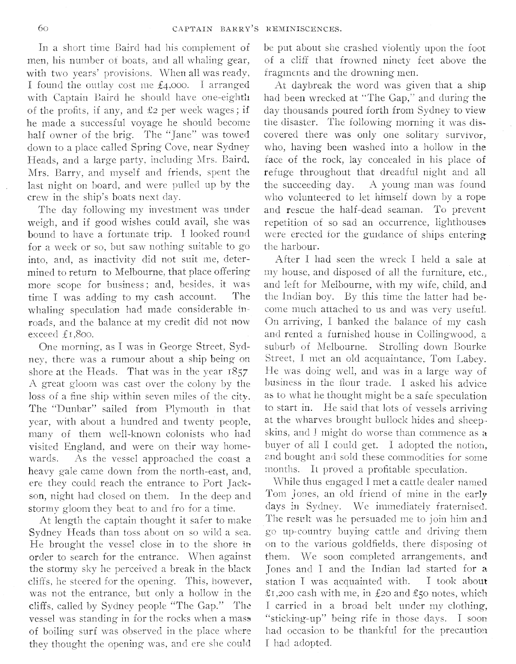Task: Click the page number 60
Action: coord(43,28)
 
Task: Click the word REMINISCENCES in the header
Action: coord(306,30)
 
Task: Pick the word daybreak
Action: coord(304,85)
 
